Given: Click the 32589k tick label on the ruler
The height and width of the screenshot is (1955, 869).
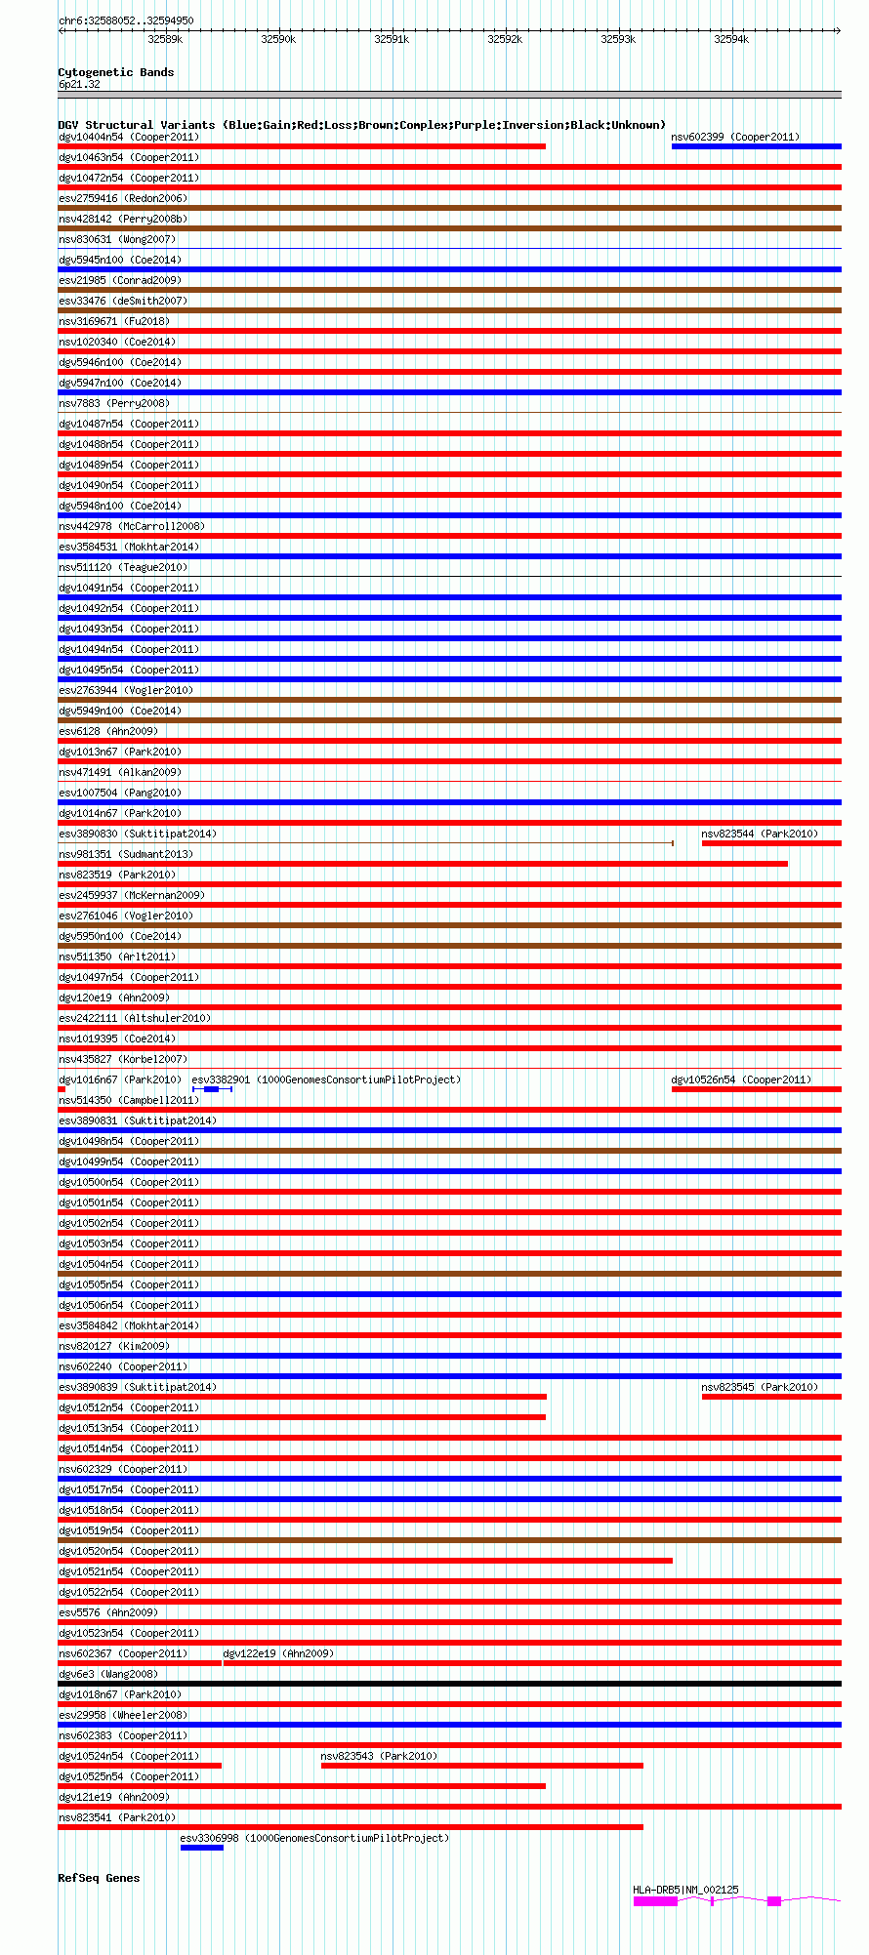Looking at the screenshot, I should [165, 39].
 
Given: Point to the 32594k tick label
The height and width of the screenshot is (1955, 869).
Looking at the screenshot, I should [731, 39].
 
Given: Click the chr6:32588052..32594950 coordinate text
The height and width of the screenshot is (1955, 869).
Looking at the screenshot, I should [126, 20].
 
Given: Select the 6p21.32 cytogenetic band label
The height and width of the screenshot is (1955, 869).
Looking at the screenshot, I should [79, 85].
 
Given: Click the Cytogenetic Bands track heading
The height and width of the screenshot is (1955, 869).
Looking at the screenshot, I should [116, 72].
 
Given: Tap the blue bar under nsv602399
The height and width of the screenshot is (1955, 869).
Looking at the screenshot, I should [756, 146].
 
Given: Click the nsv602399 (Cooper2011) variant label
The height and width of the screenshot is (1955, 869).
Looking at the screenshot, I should [735, 137].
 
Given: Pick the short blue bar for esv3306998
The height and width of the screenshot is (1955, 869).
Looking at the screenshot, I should [202, 1848].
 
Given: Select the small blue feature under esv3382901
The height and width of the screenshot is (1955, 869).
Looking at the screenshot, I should [212, 1089].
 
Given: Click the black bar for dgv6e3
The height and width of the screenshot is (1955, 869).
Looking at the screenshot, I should [449, 1684].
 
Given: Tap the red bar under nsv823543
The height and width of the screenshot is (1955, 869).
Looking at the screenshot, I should [482, 1766].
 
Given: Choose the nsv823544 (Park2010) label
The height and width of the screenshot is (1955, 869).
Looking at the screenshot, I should [760, 834].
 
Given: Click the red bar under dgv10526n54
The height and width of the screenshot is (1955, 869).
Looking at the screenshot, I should [756, 1089].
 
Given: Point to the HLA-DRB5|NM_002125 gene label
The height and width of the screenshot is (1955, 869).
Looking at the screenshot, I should [685, 1890].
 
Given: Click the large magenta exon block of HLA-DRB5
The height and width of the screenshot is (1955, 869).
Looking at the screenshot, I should [655, 1901].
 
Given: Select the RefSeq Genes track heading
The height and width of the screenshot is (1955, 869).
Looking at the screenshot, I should [99, 1878].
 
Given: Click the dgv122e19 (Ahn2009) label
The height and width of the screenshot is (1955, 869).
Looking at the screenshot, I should [278, 1653].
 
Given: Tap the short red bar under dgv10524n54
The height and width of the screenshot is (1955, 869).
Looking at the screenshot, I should [140, 1766].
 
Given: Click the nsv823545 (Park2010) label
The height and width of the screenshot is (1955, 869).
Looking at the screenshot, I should [760, 1387].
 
